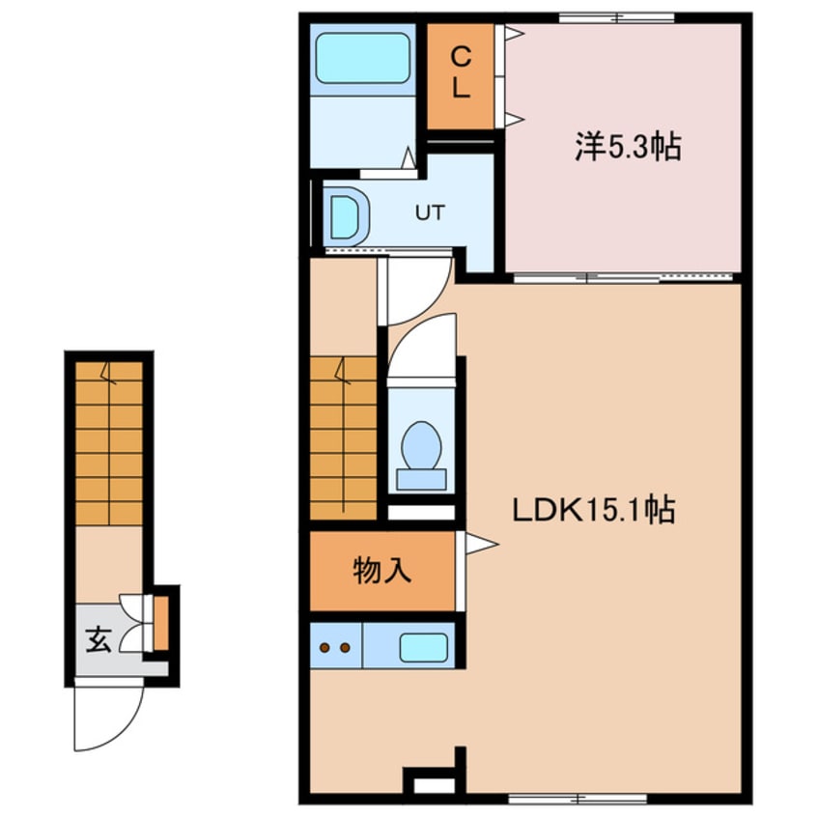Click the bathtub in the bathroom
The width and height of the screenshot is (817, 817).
click(x=363, y=58)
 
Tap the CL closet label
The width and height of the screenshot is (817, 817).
click(x=461, y=71)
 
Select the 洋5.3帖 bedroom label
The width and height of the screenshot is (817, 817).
click(x=628, y=147)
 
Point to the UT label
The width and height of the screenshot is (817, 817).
click(x=430, y=212)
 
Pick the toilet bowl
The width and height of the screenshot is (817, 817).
click(x=421, y=446)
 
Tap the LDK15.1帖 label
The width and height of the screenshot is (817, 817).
click(x=594, y=510)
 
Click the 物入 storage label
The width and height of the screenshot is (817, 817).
click(x=382, y=570)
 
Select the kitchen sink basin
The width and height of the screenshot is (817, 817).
click(x=424, y=648)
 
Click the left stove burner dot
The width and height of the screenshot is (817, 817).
click(x=325, y=648)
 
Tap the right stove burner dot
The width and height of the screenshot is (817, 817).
click(x=345, y=648)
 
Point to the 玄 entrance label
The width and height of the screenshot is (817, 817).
click(x=99, y=640)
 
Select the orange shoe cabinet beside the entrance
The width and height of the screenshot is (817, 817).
click(x=160, y=623)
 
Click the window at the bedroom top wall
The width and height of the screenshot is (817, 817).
click(x=617, y=17)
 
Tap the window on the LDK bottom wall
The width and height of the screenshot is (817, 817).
click(x=578, y=798)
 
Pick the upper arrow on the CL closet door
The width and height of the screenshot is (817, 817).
click(x=515, y=34)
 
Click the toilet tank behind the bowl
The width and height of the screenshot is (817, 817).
click(x=421, y=479)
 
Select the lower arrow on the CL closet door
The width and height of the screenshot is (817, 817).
click(x=515, y=120)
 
